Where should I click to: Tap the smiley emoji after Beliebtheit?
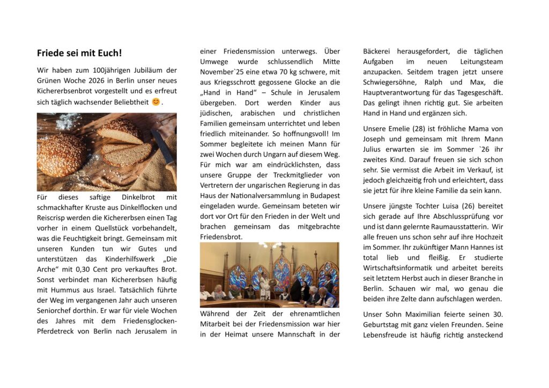pos(155,102)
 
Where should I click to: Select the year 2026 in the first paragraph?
pos(95,80)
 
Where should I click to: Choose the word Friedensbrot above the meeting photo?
pos(221,236)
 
